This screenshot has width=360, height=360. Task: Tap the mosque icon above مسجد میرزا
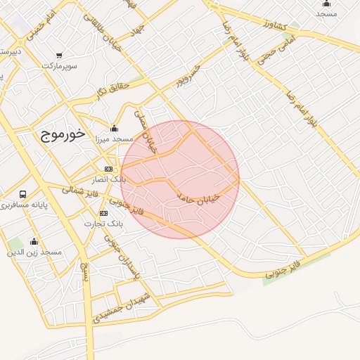[x=114, y=129]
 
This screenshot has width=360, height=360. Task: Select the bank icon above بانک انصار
[x=108, y=169]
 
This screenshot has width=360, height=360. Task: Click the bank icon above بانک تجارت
[x=103, y=213]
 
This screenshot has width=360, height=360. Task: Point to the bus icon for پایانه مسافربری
[x=23, y=194]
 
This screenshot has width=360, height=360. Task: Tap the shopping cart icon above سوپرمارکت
[x=59, y=55]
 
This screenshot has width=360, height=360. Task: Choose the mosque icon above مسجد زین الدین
[x=34, y=241]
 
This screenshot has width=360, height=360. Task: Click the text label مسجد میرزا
[x=114, y=139]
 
